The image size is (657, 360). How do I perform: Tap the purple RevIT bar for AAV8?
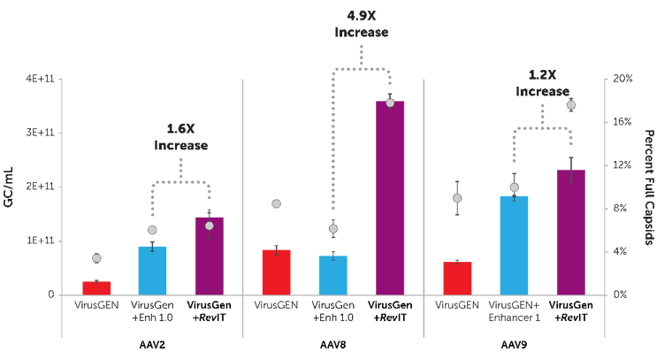[x=390, y=198]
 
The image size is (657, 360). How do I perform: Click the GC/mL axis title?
[x=10, y=187]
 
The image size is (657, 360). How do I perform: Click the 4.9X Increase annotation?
[x=362, y=24]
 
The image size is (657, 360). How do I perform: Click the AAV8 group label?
[x=332, y=344]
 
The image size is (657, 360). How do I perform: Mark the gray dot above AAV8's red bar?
[x=277, y=204]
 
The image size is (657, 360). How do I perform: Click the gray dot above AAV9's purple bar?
[x=571, y=105]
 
